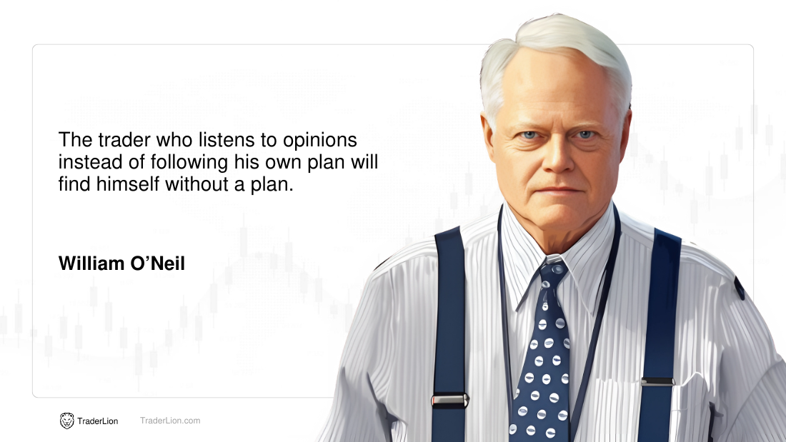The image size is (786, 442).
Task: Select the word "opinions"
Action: pos(320,141)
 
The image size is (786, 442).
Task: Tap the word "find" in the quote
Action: pos(74,184)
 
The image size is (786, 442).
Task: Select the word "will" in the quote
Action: pos(364,162)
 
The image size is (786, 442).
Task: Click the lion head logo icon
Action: pos(66,421)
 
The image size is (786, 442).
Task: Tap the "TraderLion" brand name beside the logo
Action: pos(98,421)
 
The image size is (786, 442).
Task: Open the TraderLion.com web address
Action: pos(170,421)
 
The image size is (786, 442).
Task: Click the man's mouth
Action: pos(560,191)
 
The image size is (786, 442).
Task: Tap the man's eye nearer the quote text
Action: pos(529,135)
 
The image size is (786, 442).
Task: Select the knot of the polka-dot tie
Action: pos(553,273)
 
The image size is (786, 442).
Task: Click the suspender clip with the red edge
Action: pos(449,400)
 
